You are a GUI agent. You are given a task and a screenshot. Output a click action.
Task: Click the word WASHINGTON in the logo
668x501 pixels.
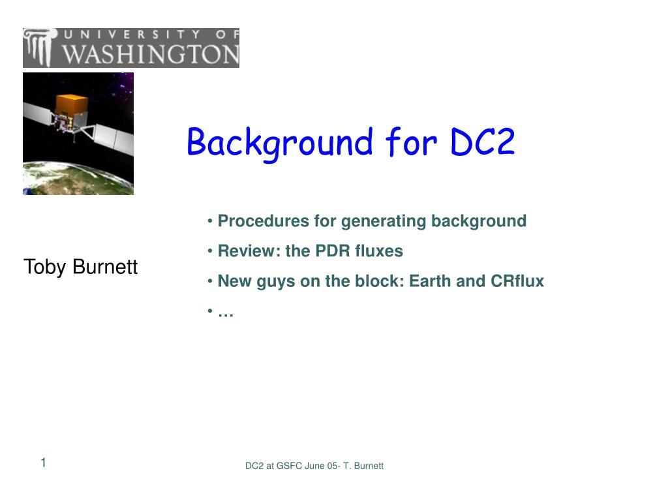(x=151, y=54)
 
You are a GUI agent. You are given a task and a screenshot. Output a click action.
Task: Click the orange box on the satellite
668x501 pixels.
(x=71, y=104)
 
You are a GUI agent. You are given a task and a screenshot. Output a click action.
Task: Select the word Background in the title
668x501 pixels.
(x=280, y=142)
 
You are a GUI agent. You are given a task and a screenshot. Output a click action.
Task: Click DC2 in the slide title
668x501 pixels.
(x=482, y=142)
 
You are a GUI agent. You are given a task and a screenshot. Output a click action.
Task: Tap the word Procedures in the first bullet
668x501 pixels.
(x=264, y=221)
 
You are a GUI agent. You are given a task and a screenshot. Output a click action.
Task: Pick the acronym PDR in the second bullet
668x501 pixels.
(x=333, y=251)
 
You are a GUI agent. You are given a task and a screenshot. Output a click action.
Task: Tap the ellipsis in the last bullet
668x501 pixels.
(x=226, y=312)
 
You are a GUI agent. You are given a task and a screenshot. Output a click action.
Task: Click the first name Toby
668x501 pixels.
(x=44, y=267)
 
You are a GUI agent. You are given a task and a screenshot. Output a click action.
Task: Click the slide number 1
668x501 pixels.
(x=43, y=463)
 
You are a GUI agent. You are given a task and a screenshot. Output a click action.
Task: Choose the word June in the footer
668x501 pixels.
(x=315, y=466)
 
